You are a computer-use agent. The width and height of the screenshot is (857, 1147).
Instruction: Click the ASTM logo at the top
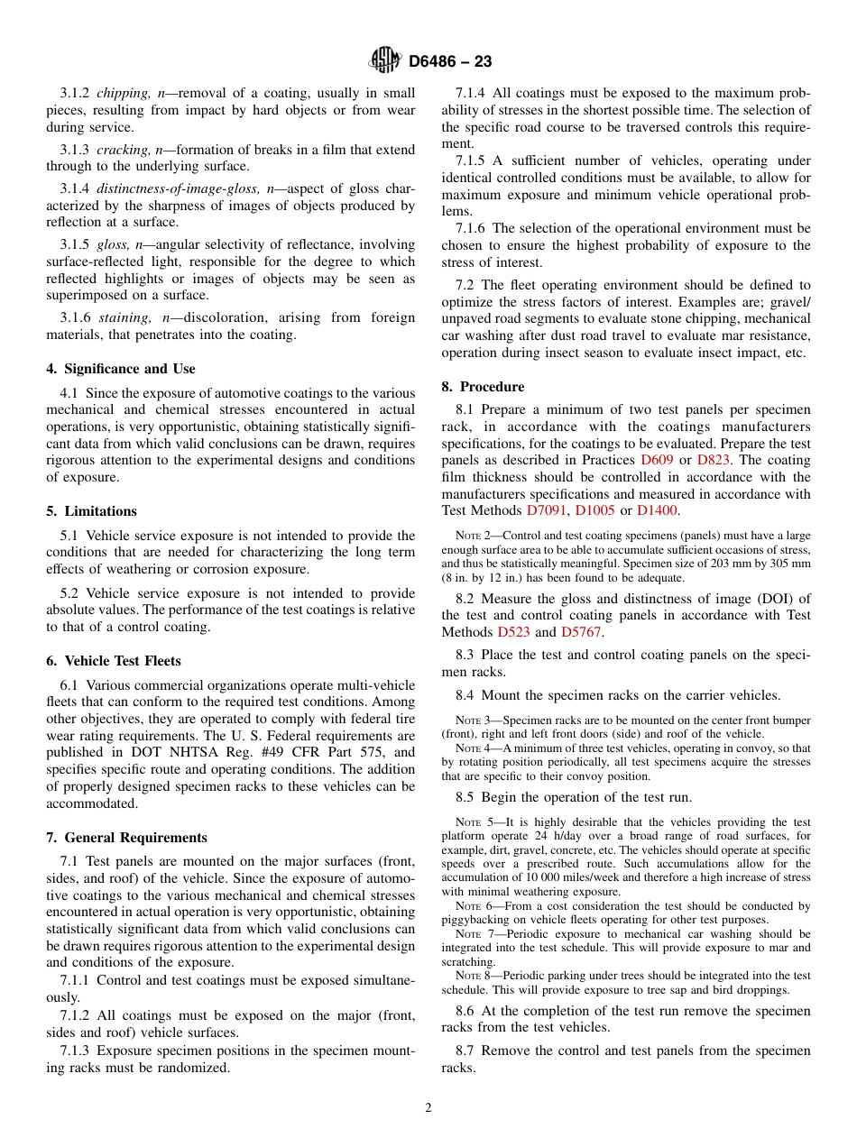click(x=385, y=60)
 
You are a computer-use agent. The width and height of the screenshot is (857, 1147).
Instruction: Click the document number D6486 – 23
click(x=450, y=61)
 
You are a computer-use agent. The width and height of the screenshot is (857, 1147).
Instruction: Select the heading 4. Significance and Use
click(x=121, y=369)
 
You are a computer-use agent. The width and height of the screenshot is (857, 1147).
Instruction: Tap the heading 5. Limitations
click(x=92, y=511)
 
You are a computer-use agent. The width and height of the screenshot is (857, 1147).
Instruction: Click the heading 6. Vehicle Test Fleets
click(x=114, y=661)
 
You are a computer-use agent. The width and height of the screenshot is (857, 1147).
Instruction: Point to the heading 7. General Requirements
click(x=127, y=838)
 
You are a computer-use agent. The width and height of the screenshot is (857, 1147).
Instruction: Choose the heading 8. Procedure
click(x=483, y=387)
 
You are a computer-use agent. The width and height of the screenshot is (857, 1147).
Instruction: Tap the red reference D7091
click(x=547, y=511)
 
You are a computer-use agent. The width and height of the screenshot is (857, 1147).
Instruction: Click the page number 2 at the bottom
click(x=428, y=1108)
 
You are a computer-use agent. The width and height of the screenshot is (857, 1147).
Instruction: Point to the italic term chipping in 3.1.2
click(x=123, y=93)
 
